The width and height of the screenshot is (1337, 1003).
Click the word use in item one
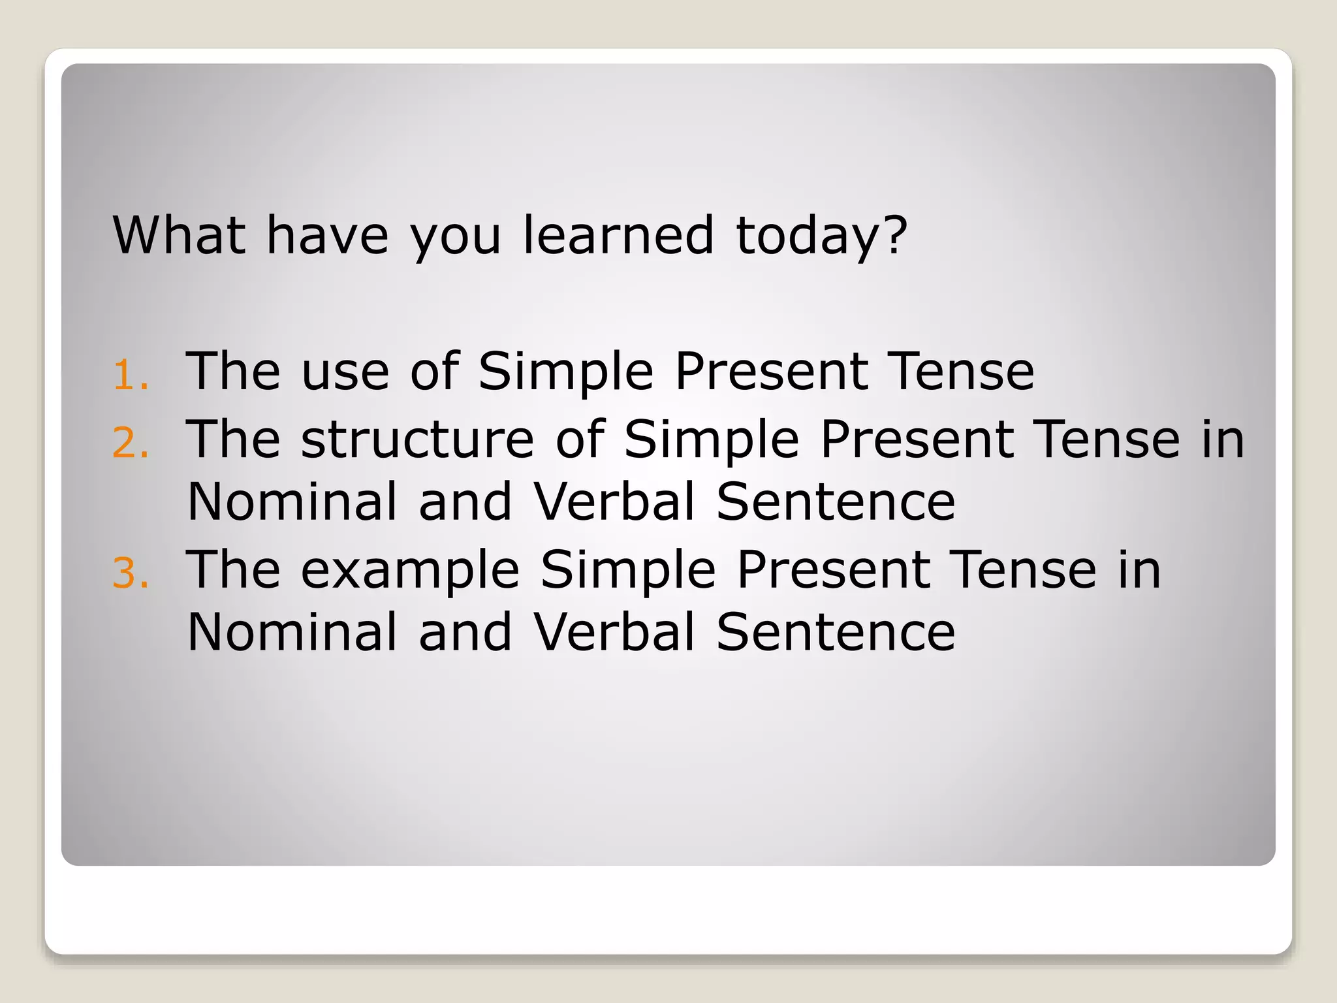[345, 372]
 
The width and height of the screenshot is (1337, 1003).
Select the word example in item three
[410, 572]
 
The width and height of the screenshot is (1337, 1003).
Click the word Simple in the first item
[565, 372]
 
